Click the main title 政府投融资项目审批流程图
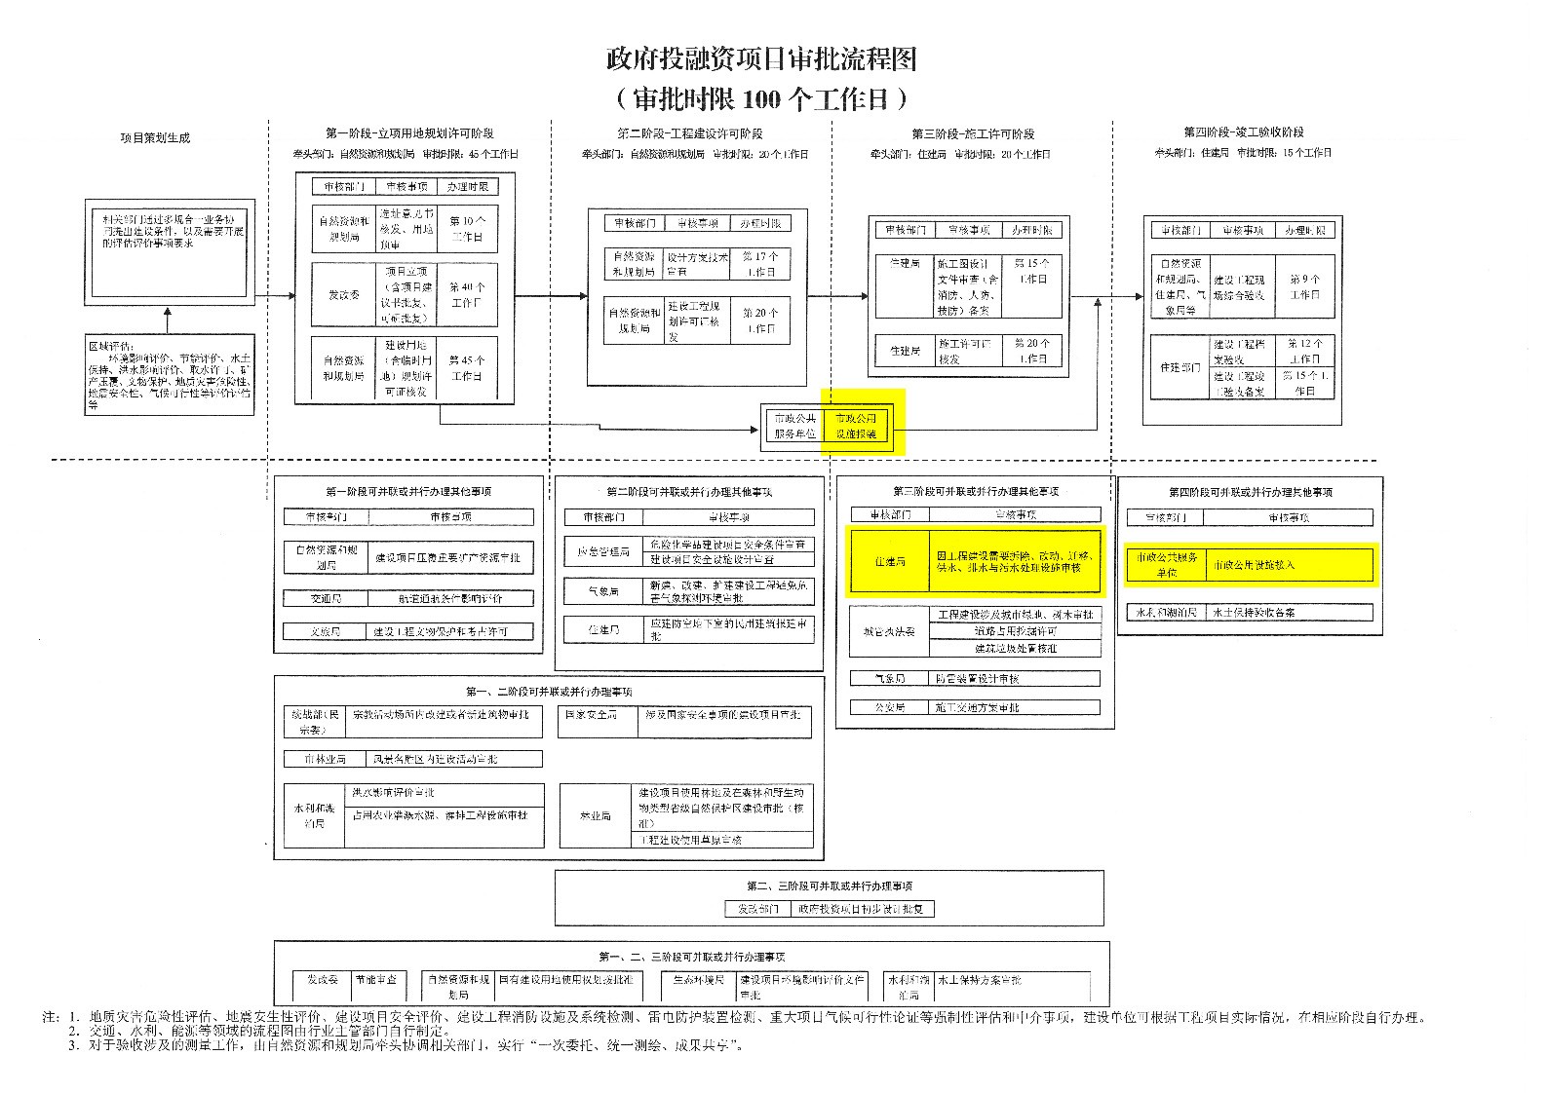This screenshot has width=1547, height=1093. [x=760, y=60]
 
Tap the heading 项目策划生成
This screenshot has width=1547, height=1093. [x=155, y=137]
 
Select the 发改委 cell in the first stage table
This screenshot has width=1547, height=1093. [x=343, y=294]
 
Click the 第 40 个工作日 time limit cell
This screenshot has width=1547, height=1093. [x=467, y=294]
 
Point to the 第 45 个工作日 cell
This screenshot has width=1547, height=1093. [x=467, y=367]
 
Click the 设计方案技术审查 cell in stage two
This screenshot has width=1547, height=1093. [x=697, y=264]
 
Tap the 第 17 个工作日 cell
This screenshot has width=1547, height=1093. [x=759, y=264]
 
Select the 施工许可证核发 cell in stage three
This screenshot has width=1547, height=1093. [x=965, y=351]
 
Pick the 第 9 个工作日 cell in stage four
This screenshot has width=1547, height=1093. [x=1304, y=286]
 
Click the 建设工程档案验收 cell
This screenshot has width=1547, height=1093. [x=1239, y=351]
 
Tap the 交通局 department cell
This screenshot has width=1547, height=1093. [x=326, y=598]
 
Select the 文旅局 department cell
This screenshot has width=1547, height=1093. [x=326, y=631]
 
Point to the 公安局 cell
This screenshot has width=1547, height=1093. [x=889, y=707]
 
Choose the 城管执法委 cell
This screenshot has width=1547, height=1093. [x=889, y=631]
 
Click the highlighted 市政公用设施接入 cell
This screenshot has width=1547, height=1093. [x=1291, y=564]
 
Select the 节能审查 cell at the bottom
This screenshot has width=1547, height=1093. [x=375, y=980]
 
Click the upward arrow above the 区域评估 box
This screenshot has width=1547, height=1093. [x=167, y=320]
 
